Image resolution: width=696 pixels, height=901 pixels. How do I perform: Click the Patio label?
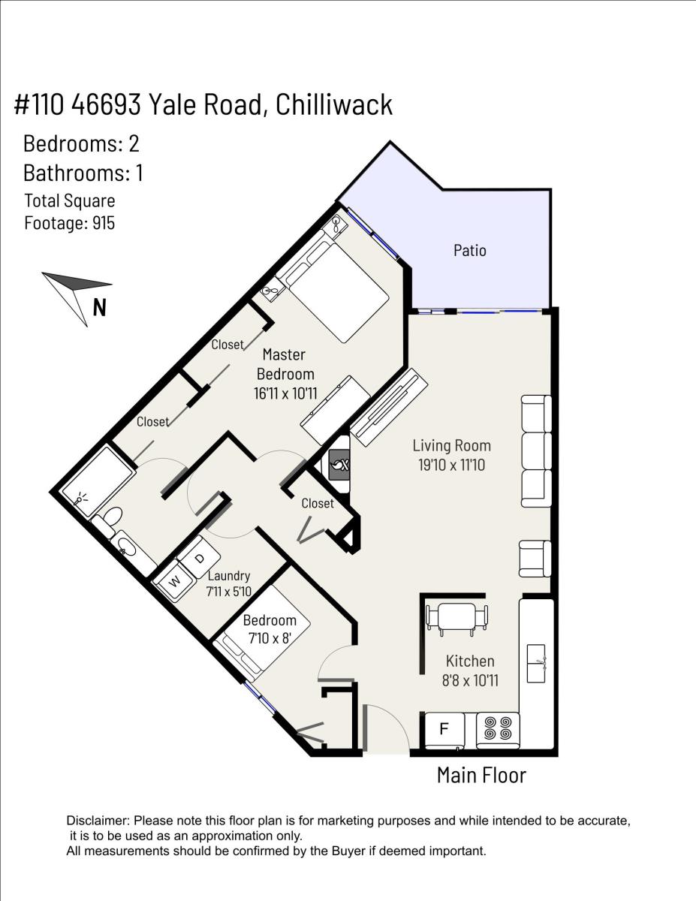[470, 251]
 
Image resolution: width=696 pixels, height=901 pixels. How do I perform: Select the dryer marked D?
[199, 558]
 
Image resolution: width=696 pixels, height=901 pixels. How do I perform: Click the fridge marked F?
[444, 729]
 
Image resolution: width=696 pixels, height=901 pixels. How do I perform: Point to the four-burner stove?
[498, 729]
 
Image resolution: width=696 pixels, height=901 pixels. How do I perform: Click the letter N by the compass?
[100, 308]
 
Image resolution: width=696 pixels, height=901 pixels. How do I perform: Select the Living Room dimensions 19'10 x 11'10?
[451, 466]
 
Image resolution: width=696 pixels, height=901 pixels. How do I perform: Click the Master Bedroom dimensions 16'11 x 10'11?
[285, 393]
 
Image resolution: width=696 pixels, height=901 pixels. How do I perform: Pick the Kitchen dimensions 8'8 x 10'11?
[470, 681]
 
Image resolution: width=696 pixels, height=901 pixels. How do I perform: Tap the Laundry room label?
[229, 576]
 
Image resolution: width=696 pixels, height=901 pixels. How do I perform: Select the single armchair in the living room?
[535, 559]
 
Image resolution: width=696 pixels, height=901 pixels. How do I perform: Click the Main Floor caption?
[482, 776]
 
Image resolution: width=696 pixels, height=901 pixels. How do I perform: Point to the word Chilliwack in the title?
[334, 104]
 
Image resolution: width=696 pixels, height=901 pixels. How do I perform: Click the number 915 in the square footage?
[104, 223]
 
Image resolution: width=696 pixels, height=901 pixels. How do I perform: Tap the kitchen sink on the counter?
[536, 664]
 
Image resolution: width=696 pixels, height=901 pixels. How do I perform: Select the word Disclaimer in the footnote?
[98, 821]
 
